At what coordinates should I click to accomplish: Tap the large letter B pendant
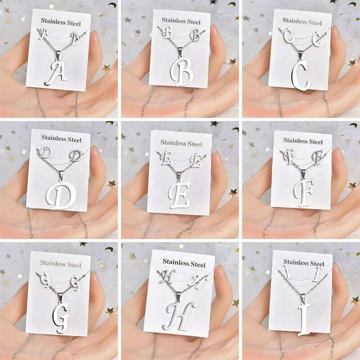[x=182, y=71]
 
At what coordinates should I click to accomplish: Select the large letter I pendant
[x=304, y=318]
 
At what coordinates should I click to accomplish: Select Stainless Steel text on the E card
[x=181, y=144]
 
